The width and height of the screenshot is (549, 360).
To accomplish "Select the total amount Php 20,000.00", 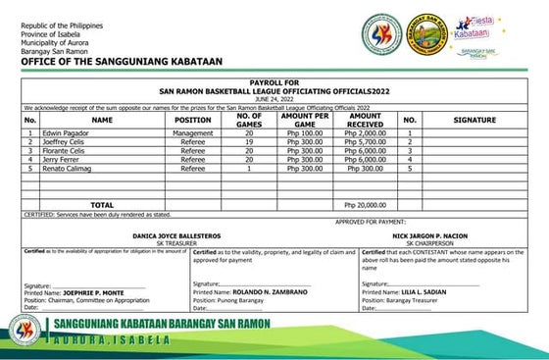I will tap(365, 204).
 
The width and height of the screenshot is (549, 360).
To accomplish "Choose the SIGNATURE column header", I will tap(474, 120).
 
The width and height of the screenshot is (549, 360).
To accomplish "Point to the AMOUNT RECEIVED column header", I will tap(365, 120).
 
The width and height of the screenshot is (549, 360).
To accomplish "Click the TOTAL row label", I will tap(103, 204).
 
